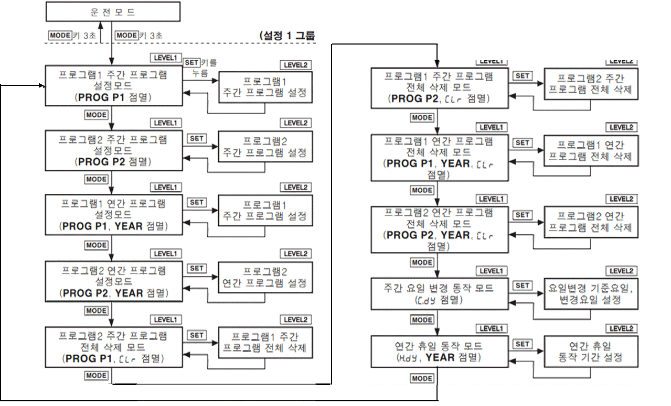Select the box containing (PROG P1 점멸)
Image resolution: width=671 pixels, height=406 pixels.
pyautogui.click(x=113, y=86)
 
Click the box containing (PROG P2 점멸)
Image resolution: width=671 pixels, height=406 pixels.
pyautogui.click(x=113, y=151)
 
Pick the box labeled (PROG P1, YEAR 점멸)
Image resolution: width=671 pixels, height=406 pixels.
pyautogui.click(x=113, y=215)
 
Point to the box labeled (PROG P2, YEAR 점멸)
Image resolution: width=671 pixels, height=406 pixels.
pyautogui.click(x=113, y=281)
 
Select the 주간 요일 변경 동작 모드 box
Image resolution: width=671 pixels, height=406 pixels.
pyautogui.click(x=439, y=293)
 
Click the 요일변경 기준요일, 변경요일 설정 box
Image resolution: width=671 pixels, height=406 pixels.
pyautogui.click(x=591, y=293)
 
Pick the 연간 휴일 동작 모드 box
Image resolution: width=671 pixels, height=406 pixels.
pyautogui.click(x=439, y=352)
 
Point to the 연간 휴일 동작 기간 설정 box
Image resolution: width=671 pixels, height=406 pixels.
pyautogui.click(x=591, y=352)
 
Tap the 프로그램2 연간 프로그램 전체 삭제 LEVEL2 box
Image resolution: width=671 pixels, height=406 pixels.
pyautogui.click(x=591, y=222)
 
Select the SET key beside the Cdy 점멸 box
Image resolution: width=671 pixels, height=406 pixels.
pyautogui.click(x=522, y=286)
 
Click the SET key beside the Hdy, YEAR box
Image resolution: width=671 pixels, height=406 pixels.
pyautogui.click(x=522, y=344)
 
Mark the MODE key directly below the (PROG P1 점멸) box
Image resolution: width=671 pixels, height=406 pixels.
pyautogui.click(x=96, y=115)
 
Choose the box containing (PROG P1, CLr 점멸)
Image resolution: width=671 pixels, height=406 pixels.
pyautogui.click(x=113, y=347)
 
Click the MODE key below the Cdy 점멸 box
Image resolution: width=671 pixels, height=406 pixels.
pyautogui.click(x=422, y=320)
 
